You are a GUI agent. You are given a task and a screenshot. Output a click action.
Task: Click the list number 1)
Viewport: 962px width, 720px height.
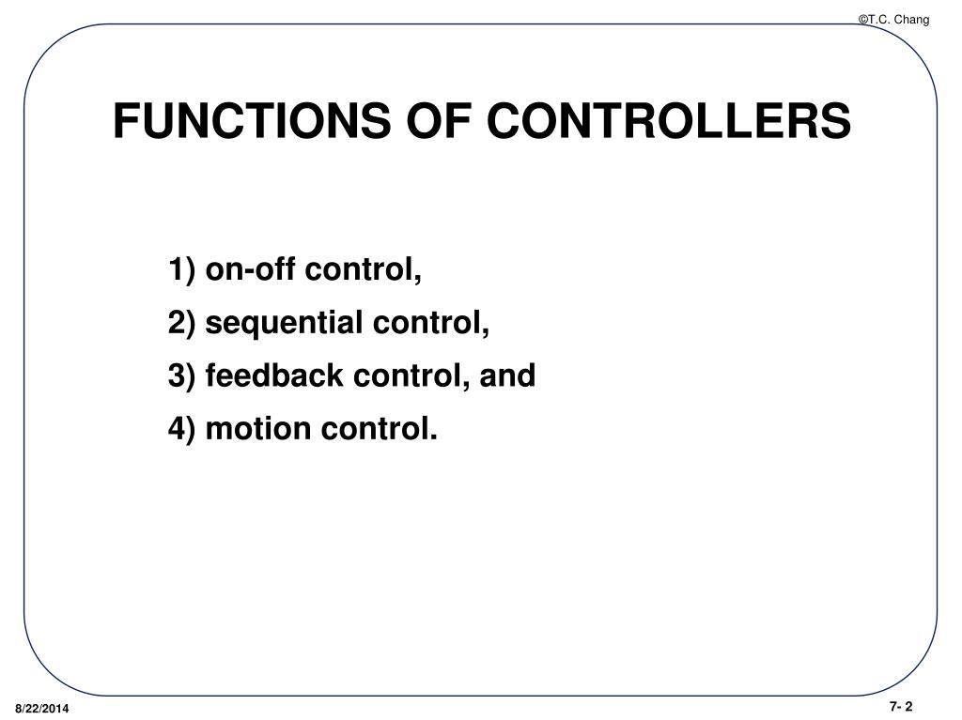[183, 270]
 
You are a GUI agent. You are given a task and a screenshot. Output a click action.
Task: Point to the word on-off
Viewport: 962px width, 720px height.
[250, 270]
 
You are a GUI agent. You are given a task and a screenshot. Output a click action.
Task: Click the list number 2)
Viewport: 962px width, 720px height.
[183, 323]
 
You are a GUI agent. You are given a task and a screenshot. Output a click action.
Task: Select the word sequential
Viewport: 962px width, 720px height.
[285, 324]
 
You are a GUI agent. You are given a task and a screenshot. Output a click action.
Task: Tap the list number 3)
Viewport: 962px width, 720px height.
[183, 375]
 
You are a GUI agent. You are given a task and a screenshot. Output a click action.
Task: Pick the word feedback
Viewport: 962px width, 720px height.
[273, 375]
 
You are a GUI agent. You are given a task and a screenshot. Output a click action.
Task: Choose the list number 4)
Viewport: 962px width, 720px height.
[183, 429]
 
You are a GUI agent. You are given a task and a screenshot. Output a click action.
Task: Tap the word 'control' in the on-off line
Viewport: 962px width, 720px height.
[362, 270]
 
